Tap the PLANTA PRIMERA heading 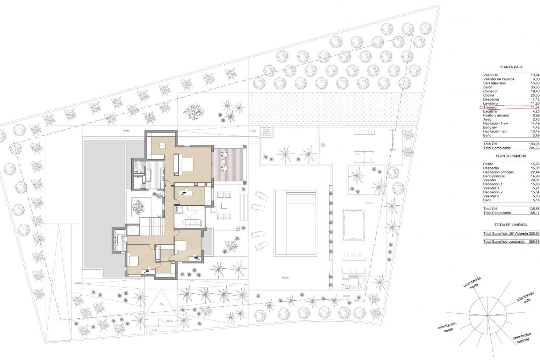click(511, 156)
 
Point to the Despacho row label click(491, 168)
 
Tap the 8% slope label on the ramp click(162, 304)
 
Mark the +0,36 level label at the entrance click(154, 330)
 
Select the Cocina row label click(489, 95)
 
